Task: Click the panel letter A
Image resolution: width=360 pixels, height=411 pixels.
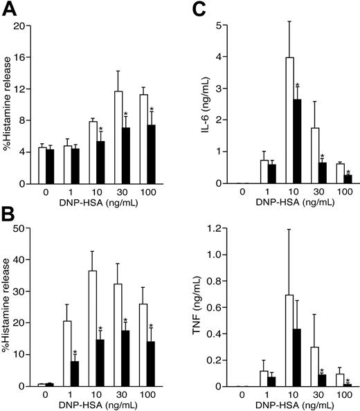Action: click(x=10, y=9)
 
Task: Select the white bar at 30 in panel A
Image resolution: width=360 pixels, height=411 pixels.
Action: click(x=118, y=137)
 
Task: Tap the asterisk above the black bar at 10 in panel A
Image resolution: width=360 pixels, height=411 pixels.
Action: click(x=101, y=129)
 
